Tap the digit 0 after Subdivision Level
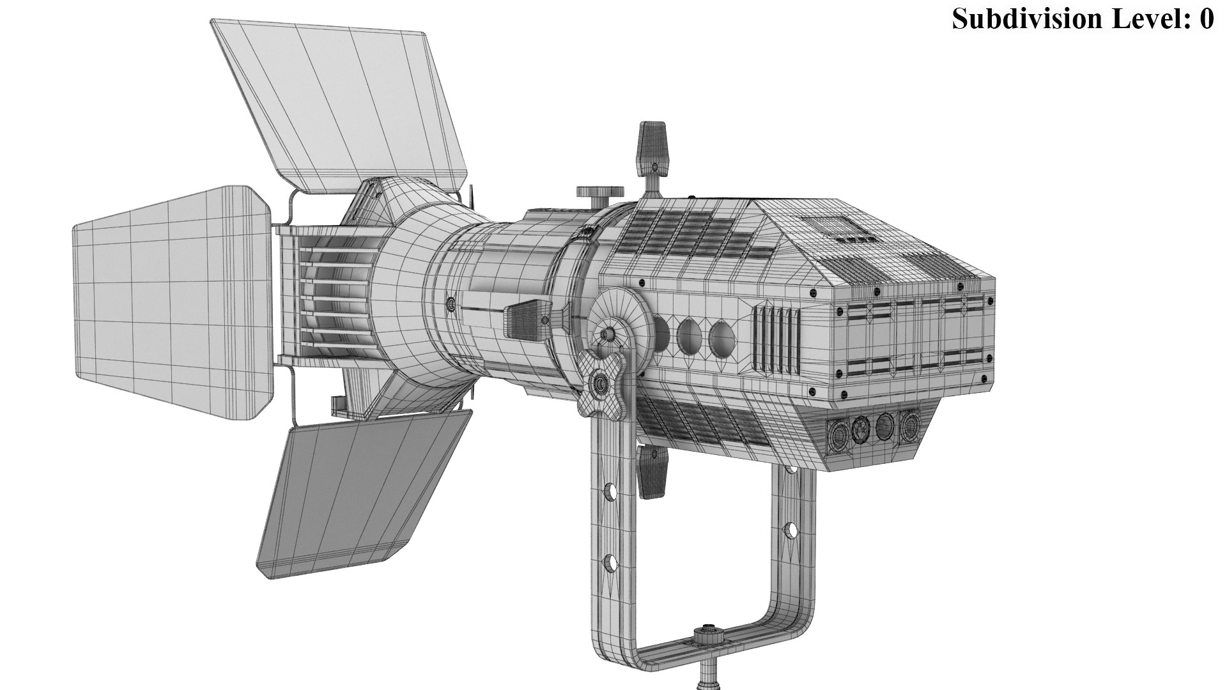tap(1207, 19)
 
